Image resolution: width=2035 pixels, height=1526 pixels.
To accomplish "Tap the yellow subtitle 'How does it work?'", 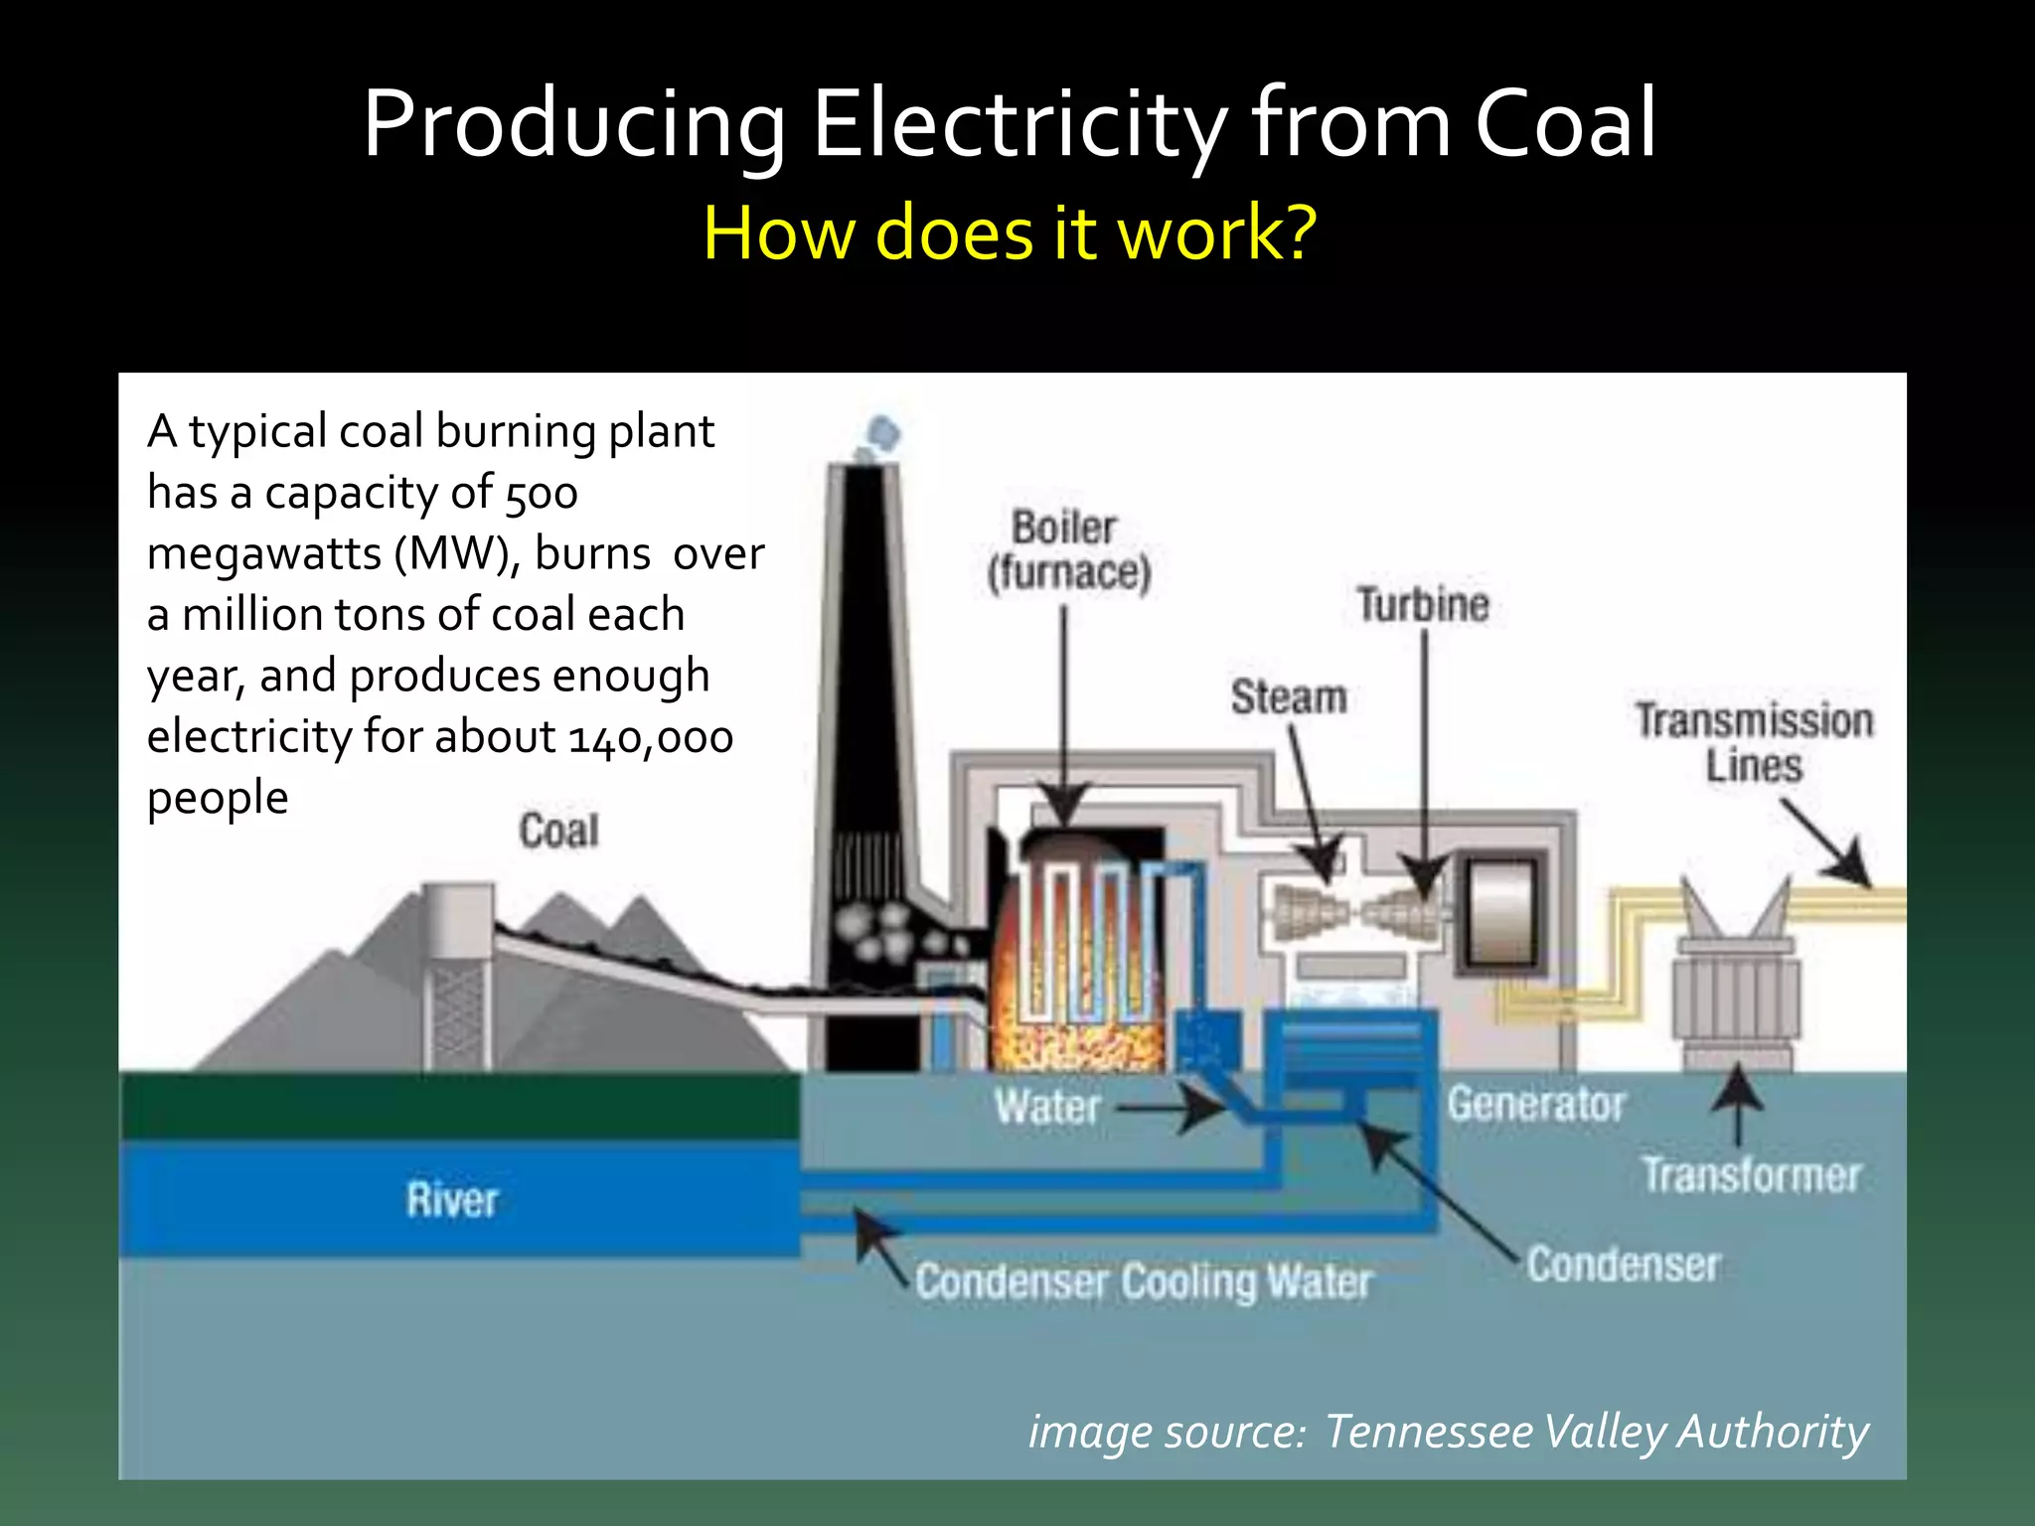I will (1010, 232).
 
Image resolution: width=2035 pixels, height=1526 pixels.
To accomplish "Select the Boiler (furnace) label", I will (1068, 551).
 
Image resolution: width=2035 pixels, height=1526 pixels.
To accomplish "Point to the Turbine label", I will (1423, 604).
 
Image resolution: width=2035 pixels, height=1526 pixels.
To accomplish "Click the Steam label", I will (1289, 696).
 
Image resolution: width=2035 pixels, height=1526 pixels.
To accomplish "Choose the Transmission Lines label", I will (1754, 742).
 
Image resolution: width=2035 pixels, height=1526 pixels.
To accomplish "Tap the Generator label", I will (1536, 1104).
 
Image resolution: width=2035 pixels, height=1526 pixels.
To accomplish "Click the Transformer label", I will (1751, 1175).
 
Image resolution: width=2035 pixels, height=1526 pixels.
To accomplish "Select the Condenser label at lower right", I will (1624, 1265).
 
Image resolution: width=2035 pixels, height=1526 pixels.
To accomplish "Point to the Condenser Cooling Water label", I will (1144, 1282).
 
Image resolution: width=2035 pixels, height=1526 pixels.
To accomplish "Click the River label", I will (452, 1200).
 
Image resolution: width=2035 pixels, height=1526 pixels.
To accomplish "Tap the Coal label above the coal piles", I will (559, 831).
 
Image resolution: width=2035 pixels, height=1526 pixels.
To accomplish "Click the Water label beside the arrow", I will (1047, 1107).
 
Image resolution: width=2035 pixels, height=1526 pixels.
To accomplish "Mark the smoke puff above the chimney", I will (882, 434).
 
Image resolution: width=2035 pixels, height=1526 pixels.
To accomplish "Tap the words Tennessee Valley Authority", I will (1597, 1432).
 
